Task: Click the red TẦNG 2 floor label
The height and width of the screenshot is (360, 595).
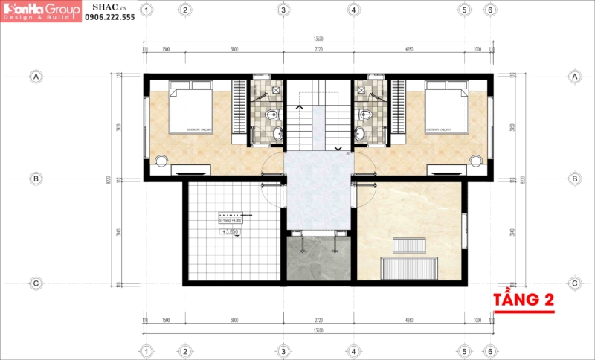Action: pos(524,300)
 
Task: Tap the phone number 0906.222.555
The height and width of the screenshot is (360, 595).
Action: pos(109,16)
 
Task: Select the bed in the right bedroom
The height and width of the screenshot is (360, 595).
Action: pos(447,108)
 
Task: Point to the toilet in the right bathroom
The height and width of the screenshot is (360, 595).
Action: pos(364,115)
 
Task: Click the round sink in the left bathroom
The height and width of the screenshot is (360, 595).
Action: pos(277,134)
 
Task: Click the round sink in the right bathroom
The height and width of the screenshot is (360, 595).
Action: pos(360,134)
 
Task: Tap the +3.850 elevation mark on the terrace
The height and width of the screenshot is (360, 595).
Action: pos(234,232)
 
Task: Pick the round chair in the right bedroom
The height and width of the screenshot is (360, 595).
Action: pos(477,159)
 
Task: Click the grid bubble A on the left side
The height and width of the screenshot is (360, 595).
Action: pos(35,76)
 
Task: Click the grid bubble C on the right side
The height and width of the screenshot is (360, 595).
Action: pos(574,283)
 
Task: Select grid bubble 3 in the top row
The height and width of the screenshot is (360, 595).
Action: pos(283,10)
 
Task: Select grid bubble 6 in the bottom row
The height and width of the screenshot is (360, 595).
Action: pos(489,350)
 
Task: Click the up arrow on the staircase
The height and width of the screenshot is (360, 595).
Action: pos(299,108)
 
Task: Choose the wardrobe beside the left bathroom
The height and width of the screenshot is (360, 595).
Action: pos(239,112)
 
